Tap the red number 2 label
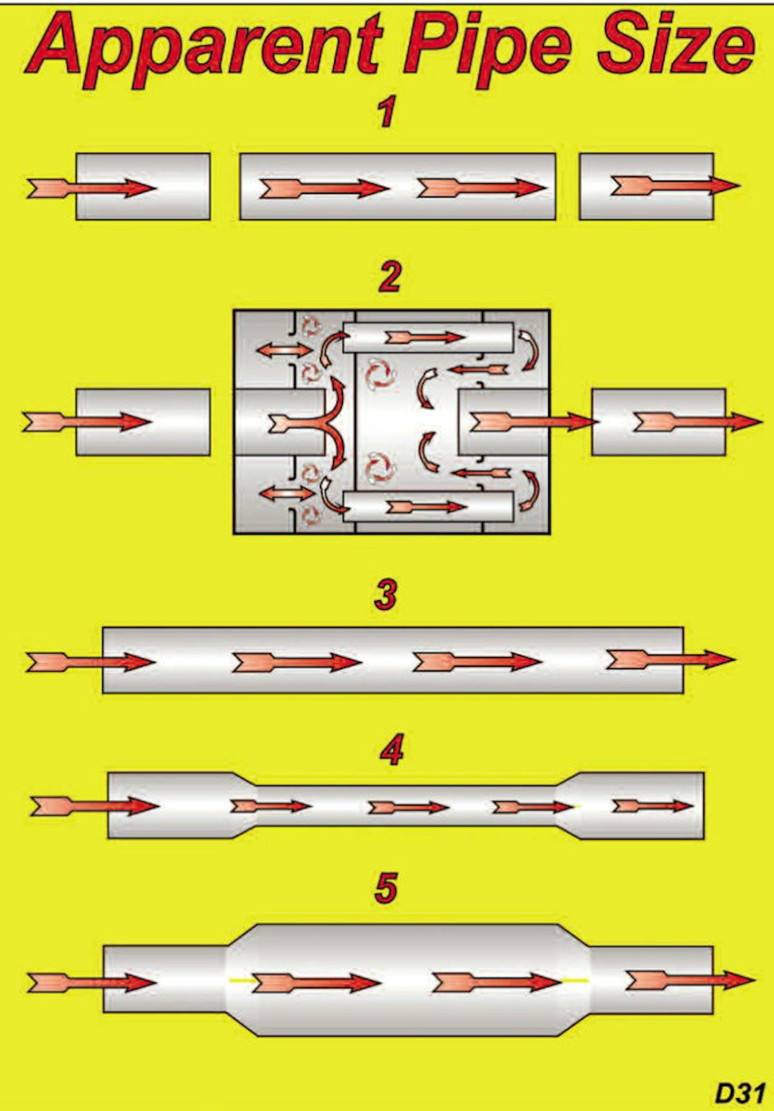click(389, 277)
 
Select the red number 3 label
click(386, 595)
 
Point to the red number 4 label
click(391, 750)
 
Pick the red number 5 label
click(386, 888)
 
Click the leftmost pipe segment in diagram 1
click(143, 186)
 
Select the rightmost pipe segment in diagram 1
click(646, 186)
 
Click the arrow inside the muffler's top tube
click(424, 337)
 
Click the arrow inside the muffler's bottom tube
click(426, 507)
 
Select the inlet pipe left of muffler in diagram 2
click(143, 422)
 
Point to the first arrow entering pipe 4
click(94, 806)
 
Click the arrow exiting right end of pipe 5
click(689, 980)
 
